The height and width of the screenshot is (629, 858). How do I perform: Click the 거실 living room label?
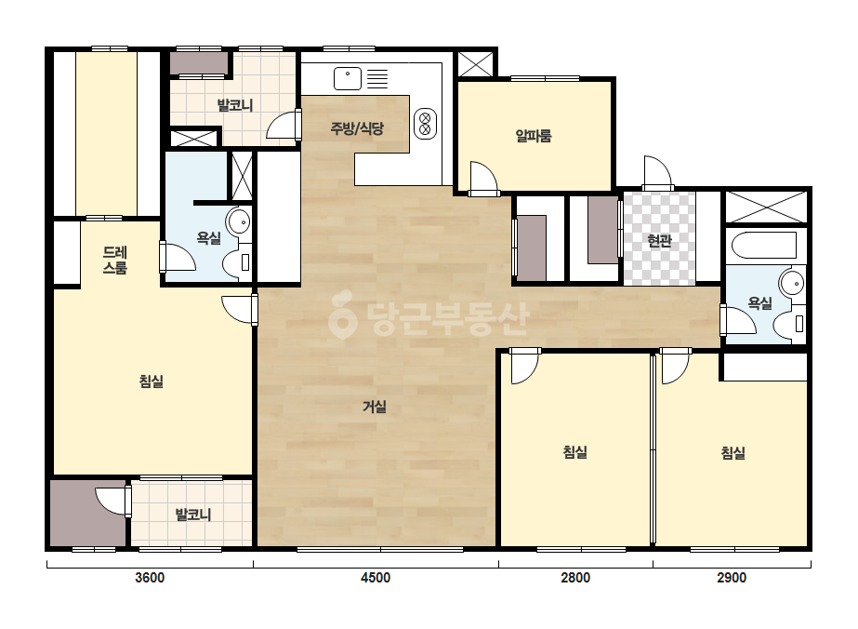click(x=375, y=407)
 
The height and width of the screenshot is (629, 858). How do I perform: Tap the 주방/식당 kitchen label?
click(x=357, y=128)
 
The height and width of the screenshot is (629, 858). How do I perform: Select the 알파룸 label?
click(x=534, y=135)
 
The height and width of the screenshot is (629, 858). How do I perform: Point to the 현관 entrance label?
click(x=659, y=240)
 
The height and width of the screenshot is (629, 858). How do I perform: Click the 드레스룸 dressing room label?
click(x=115, y=261)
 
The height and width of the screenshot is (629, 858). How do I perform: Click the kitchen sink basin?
click(x=348, y=78)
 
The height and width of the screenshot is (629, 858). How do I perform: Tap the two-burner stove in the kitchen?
click(x=425, y=123)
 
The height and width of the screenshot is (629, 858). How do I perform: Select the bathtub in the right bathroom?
click(x=764, y=246)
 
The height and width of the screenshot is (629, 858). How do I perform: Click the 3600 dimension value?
click(x=150, y=578)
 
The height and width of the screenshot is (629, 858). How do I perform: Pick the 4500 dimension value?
click(x=376, y=578)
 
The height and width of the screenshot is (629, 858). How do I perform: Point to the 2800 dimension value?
click(x=575, y=578)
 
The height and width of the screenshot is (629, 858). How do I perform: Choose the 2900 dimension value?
click(x=732, y=578)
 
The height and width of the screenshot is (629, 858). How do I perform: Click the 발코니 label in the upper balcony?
click(x=235, y=104)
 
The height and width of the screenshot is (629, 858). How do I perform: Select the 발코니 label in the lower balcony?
click(x=192, y=515)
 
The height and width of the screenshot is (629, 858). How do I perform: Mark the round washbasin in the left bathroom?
click(x=239, y=221)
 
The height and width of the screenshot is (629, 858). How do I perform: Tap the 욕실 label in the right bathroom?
click(x=759, y=303)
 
